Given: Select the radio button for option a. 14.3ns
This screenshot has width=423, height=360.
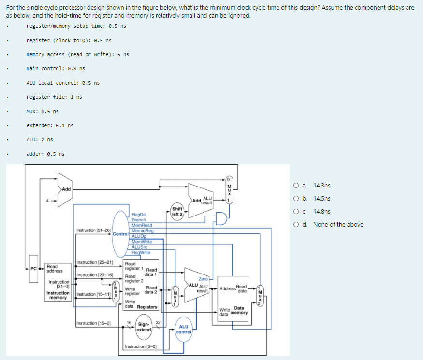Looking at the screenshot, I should (296, 186).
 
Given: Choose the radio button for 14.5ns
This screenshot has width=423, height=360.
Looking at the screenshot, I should (296, 199).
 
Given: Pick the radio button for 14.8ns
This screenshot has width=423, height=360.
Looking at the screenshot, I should (296, 212).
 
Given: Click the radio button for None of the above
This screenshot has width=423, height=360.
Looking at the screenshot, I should (296, 225).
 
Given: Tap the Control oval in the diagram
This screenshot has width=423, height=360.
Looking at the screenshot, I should (120, 234).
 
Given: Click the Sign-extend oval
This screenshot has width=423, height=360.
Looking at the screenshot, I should (144, 327).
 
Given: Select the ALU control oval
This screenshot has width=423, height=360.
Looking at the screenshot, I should (184, 329).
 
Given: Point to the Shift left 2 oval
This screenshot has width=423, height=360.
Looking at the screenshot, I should (177, 212).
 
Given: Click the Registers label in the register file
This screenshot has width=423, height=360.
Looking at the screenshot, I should (147, 307).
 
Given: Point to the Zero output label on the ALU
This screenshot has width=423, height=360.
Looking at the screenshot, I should (203, 279).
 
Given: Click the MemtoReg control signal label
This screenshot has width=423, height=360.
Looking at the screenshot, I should (142, 230).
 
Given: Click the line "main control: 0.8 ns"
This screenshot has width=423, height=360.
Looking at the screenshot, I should (56, 68).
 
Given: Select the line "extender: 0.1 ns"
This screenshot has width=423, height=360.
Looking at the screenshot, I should (50, 125).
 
